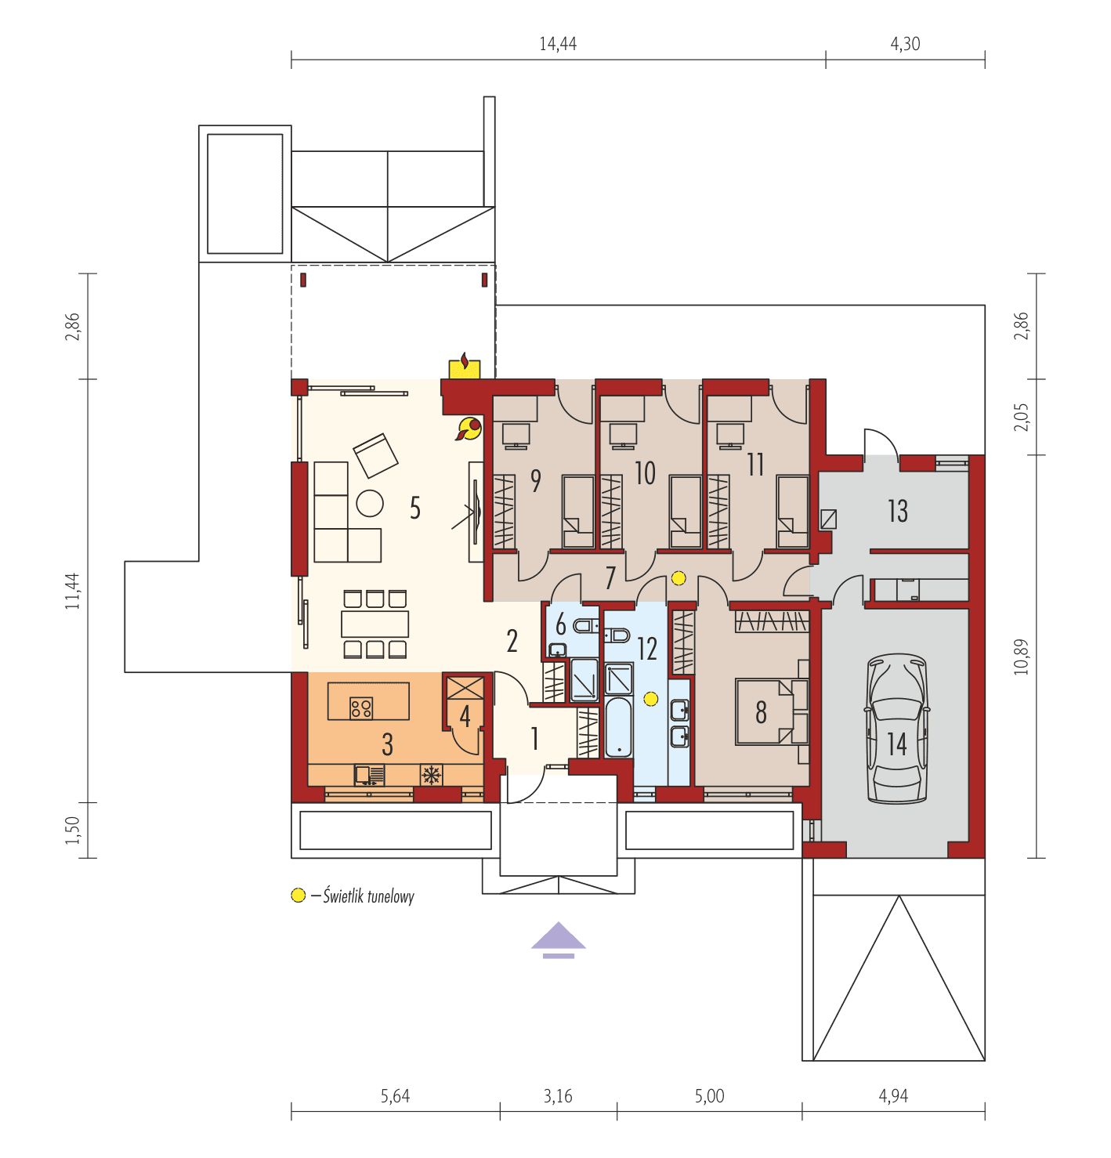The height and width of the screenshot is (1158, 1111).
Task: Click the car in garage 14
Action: (x=897, y=729)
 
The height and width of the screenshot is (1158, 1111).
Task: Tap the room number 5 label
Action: (x=415, y=508)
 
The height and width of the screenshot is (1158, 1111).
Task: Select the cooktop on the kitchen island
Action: (x=361, y=708)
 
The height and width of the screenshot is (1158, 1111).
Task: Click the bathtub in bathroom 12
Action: (x=618, y=729)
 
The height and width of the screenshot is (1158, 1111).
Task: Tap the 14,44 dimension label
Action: (x=558, y=44)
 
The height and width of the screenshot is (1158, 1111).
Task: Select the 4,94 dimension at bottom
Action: (x=893, y=1096)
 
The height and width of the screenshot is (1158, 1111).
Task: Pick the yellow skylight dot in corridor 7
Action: (x=679, y=578)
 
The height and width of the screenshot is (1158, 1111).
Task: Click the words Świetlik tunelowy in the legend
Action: (x=368, y=896)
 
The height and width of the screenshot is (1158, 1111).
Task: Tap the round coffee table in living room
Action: (x=370, y=503)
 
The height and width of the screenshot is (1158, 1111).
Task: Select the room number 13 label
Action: (x=898, y=512)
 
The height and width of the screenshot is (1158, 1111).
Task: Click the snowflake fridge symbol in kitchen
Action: (x=430, y=775)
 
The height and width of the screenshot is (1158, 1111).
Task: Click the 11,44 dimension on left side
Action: (x=73, y=591)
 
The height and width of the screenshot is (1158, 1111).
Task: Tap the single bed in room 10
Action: (x=686, y=512)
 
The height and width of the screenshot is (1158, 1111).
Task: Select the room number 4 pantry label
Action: (x=465, y=715)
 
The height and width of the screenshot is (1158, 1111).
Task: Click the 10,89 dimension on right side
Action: (x=1021, y=657)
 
